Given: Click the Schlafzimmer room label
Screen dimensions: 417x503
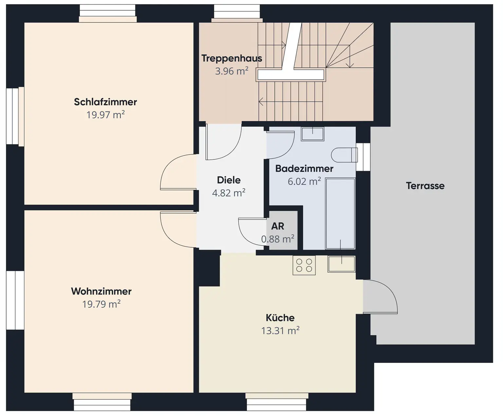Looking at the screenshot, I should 105,102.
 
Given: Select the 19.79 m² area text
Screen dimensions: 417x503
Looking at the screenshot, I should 101,304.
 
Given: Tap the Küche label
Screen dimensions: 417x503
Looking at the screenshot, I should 280,318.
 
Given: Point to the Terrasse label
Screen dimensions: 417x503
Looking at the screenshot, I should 425,186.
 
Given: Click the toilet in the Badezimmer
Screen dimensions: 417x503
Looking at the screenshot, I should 344,155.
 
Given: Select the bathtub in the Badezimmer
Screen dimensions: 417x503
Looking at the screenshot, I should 340,214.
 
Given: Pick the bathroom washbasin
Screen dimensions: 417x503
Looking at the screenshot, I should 312,134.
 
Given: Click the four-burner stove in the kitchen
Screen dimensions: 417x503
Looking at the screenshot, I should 304,265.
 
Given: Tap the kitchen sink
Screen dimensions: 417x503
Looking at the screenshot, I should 341,264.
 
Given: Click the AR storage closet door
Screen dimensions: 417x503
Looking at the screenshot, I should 252,231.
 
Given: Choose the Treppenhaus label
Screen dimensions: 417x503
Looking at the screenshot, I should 232,58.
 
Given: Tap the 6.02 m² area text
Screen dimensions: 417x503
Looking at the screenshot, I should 304,181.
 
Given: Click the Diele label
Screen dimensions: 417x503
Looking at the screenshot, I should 229,180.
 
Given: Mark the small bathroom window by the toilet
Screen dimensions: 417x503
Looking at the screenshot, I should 363,157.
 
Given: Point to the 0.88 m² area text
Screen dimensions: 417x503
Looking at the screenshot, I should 277,239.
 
